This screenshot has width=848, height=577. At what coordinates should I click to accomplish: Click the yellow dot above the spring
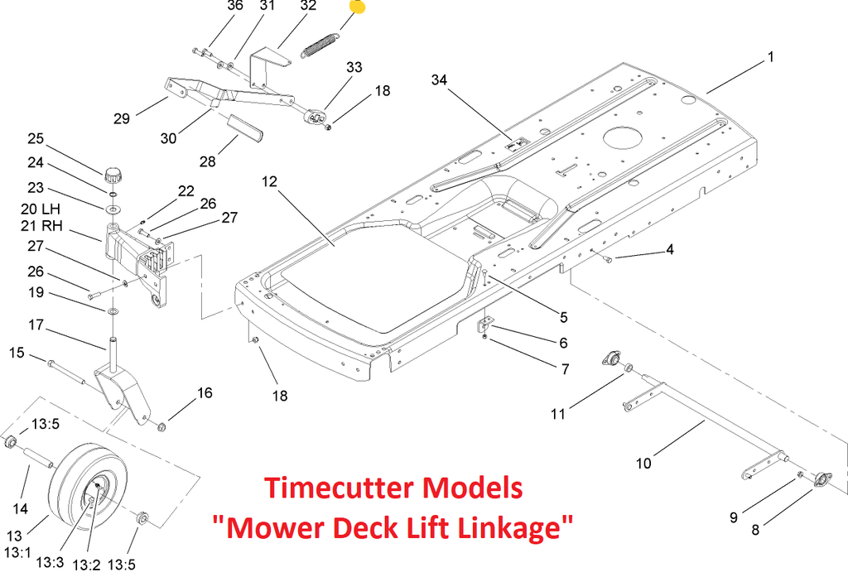(357, 7)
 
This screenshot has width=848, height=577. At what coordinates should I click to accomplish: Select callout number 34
(439, 79)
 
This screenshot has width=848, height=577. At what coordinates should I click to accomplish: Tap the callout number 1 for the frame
(770, 57)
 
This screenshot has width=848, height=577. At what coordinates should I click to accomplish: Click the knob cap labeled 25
(113, 175)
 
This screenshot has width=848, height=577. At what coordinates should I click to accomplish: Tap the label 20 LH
(41, 208)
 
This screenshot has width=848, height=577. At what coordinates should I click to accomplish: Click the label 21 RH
(41, 226)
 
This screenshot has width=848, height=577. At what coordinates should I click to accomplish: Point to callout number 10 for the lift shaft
(643, 463)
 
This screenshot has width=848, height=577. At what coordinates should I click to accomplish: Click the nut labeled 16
(161, 426)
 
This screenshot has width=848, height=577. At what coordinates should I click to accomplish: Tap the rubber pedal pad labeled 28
(245, 127)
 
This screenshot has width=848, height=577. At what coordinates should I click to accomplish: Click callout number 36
(212, 6)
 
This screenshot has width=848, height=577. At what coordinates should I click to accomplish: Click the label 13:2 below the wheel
(85, 564)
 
